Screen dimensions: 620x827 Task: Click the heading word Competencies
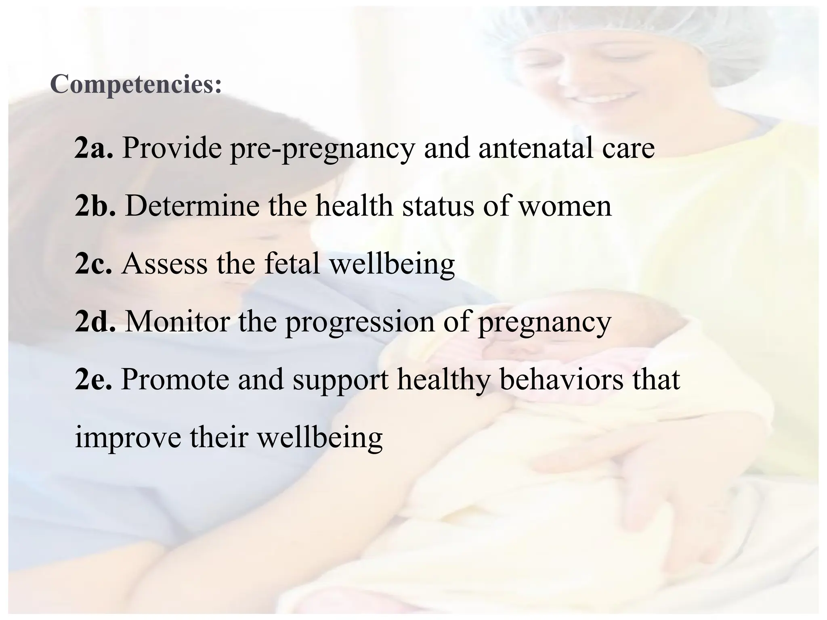(x=136, y=85)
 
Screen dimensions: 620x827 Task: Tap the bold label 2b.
(x=95, y=206)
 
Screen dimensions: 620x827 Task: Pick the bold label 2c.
(x=93, y=264)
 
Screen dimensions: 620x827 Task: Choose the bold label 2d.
(x=95, y=321)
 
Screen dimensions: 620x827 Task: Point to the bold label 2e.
(x=93, y=379)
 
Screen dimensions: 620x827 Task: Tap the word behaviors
(x=561, y=379)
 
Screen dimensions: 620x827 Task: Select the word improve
(x=128, y=438)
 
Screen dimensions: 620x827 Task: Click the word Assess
(x=164, y=264)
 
